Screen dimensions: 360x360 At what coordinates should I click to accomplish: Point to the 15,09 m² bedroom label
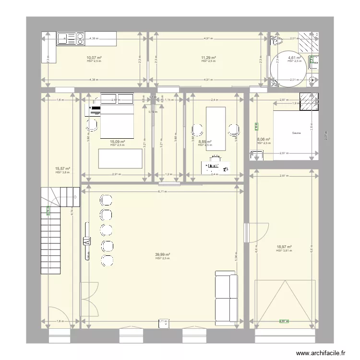coord(117,142)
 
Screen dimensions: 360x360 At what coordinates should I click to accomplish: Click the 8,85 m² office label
coord(205,142)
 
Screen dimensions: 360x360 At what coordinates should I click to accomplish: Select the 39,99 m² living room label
coord(163,255)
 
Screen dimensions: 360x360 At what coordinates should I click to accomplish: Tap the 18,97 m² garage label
coord(283,247)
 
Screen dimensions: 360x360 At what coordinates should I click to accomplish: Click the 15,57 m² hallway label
coord(62,168)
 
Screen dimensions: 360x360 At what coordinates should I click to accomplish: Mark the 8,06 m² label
coord(264,140)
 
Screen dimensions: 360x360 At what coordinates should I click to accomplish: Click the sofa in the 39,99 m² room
coord(226,296)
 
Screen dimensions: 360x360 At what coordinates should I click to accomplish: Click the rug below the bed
coord(120,158)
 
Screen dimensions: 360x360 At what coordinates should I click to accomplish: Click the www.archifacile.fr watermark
coord(321,353)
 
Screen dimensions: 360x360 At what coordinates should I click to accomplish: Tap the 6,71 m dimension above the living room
coord(163,191)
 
